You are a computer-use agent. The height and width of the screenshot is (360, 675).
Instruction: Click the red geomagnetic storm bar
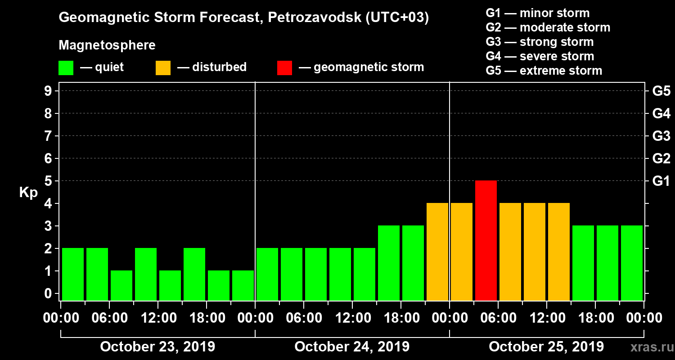[486, 240]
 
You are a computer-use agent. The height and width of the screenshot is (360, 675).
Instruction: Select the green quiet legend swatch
[66, 67]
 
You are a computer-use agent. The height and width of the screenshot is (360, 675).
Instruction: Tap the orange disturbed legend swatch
[163, 67]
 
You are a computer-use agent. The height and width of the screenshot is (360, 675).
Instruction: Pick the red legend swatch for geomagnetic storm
[284, 67]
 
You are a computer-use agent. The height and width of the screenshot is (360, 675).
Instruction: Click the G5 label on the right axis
[661, 91]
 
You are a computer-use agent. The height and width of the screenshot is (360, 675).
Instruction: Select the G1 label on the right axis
[661, 181]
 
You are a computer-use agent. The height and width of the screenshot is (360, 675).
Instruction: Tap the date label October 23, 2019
[157, 347]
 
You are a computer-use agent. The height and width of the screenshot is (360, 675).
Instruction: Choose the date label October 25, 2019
[546, 347]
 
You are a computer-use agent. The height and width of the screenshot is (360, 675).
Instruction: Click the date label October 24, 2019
[352, 347]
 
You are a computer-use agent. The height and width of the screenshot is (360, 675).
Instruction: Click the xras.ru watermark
[648, 347]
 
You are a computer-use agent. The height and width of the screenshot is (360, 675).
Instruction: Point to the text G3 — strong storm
[540, 42]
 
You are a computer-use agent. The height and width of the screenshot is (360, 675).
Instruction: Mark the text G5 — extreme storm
[544, 71]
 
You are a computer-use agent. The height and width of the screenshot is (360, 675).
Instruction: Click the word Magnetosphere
[107, 45]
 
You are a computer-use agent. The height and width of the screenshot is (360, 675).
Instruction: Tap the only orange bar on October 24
[437, 252]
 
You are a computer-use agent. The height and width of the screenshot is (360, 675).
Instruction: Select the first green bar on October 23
[73, 274]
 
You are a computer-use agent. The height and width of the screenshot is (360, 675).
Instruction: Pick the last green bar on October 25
[632, 263]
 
